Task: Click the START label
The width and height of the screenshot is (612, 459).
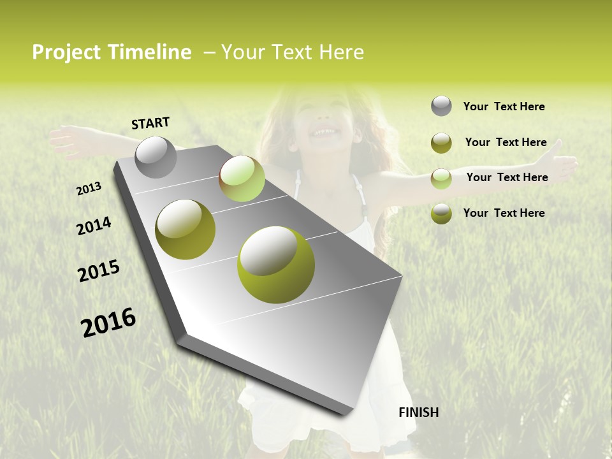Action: click(150, 123)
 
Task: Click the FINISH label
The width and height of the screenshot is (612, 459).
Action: click(418, 412)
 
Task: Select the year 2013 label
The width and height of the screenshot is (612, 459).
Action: click(89, 189)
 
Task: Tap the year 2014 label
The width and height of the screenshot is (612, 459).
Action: click(94, 226)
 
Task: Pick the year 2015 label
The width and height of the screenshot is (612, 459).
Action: click(99, 271)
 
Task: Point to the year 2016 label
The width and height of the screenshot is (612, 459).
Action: click(108, 322)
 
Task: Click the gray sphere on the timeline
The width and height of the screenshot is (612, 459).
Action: click(156, 157)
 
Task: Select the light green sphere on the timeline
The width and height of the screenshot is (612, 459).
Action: click(242, 178)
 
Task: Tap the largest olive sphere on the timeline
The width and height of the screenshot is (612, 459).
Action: click(276, 265)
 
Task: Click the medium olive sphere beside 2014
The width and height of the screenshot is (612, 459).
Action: click(186, 229)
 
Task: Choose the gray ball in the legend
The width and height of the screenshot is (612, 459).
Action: click(441, 106)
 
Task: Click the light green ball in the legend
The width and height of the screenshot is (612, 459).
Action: click(441, 178)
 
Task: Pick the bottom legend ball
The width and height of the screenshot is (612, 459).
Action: click(441, 214)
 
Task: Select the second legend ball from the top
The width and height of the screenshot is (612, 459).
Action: click(441, 143)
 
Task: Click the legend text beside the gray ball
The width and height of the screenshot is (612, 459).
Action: click(504, 106)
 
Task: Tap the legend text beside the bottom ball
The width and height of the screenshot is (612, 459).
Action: click(504, 213)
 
